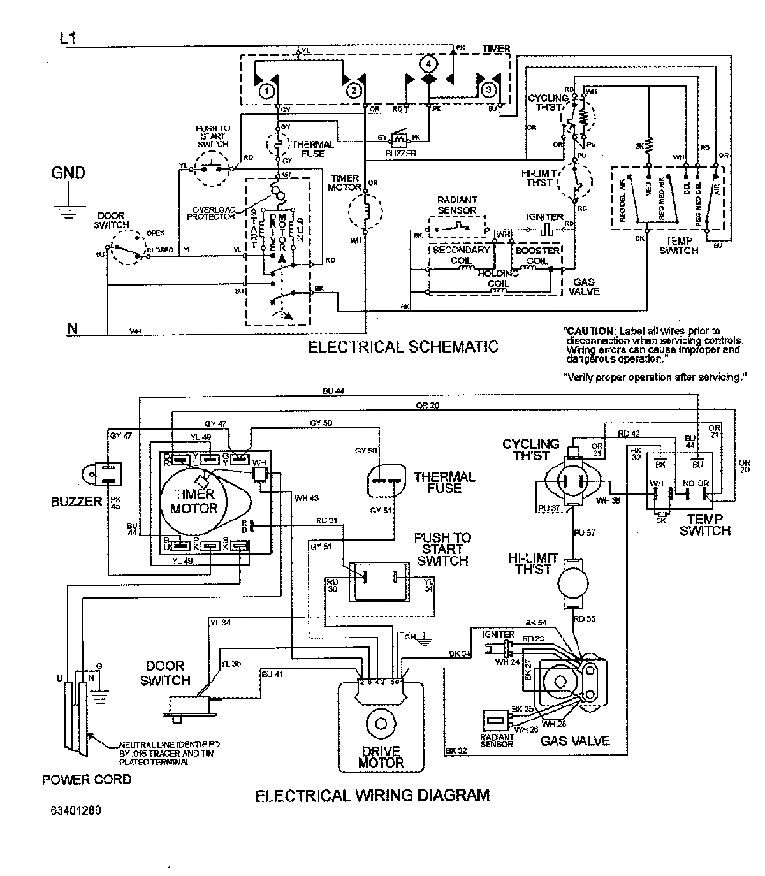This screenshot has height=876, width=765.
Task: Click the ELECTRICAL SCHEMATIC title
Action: pyautogui.click(x=402, y=347)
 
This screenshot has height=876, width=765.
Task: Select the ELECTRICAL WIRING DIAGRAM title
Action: pyautogui.click(x=372, y=796)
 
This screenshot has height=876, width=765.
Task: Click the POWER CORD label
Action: pyautogui.click(x=87, y=779)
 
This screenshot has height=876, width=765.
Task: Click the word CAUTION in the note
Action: pyautogui.click(x=590, y=331)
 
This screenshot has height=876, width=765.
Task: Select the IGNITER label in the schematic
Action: pyautogui.click(x=544, y=217)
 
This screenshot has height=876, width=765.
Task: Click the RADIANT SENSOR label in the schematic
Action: pyautogui.click(x=456, y=205)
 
